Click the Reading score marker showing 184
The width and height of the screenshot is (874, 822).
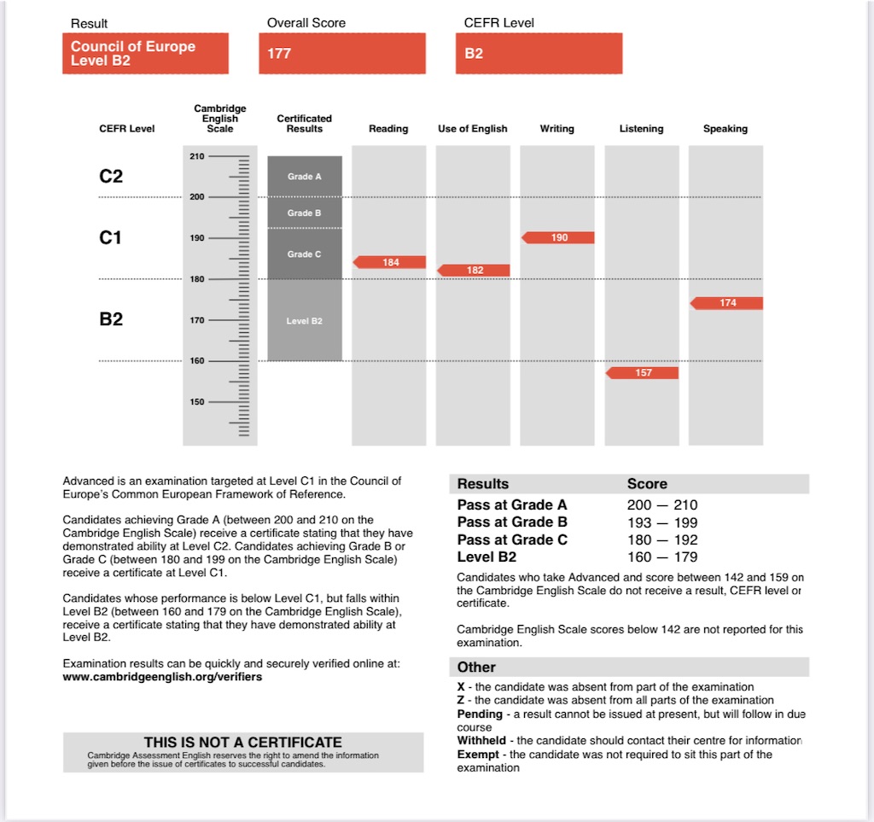pos(390,262)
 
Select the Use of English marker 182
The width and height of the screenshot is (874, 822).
pos(475,271)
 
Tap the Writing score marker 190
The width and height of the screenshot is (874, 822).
pos(558,237)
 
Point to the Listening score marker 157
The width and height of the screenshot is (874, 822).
pos(643,373)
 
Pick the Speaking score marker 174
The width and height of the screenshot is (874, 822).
pos(727,303)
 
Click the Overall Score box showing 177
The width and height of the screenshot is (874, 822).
pos(341,54)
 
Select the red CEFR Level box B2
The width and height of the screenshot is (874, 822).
pos(539,54)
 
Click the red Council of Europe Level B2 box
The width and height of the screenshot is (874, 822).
pos(145,54)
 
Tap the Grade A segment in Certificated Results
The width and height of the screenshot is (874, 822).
pos(305,177)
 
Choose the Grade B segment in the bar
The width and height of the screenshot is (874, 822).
pos(305,213)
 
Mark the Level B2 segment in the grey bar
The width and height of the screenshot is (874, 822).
pos(305,321)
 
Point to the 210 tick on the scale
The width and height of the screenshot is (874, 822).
pos(196,156)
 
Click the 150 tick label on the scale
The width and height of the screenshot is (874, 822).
pos(196,402)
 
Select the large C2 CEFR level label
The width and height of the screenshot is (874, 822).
pos(111,177)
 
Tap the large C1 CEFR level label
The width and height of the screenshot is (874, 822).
pos(111,238)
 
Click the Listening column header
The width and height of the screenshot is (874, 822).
pos(641,129)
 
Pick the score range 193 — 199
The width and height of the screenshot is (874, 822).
pos(662,522)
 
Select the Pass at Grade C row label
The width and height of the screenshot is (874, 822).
pos(512,540)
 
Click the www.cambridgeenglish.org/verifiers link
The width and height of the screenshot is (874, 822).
pos(162,677)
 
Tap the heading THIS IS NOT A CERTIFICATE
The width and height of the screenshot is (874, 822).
pos(243,743)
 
